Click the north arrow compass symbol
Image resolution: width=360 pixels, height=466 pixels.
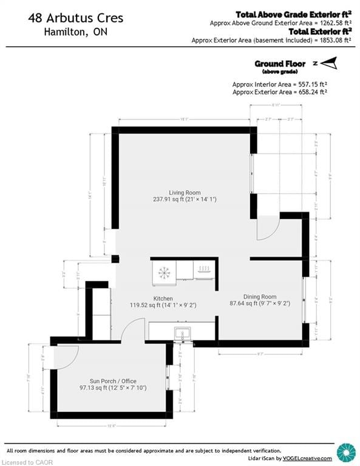pos(327,62)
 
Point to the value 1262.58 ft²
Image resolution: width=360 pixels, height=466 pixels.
pos(326,23)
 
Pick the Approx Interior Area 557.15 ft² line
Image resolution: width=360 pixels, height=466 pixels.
pos(280,84)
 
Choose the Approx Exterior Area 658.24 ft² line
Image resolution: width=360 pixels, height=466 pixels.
pos(280,92)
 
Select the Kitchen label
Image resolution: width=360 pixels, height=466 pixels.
pos(163,299)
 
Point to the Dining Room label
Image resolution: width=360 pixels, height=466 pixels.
pos(259,297)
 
